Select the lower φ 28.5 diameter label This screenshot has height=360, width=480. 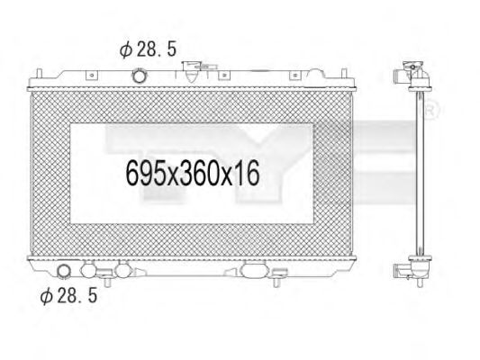coord(67,294)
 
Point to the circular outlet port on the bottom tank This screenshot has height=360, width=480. coord(66,272)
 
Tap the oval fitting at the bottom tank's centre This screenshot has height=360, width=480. coord(254,270)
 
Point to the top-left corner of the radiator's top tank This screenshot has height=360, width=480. coord(31,72)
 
